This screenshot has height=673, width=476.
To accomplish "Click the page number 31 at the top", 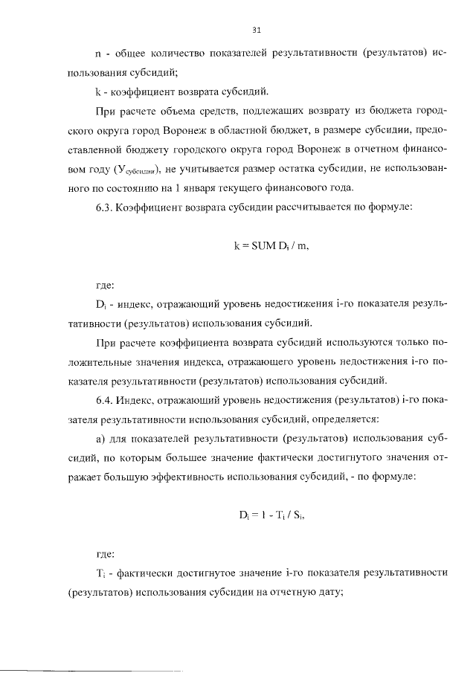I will tap(257, 30).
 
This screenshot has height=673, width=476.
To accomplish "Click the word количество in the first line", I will tap(167, 54).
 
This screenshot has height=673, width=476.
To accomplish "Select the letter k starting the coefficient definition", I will tap(98, 92).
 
